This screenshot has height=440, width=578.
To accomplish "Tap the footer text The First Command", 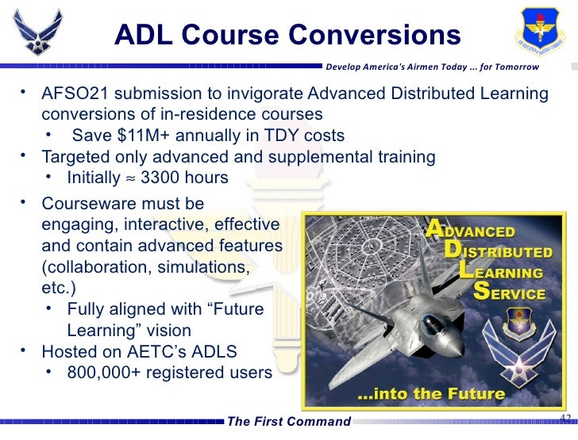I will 288,421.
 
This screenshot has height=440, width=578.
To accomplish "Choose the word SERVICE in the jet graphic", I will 517,293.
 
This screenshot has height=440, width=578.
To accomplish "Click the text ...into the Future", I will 431,393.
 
